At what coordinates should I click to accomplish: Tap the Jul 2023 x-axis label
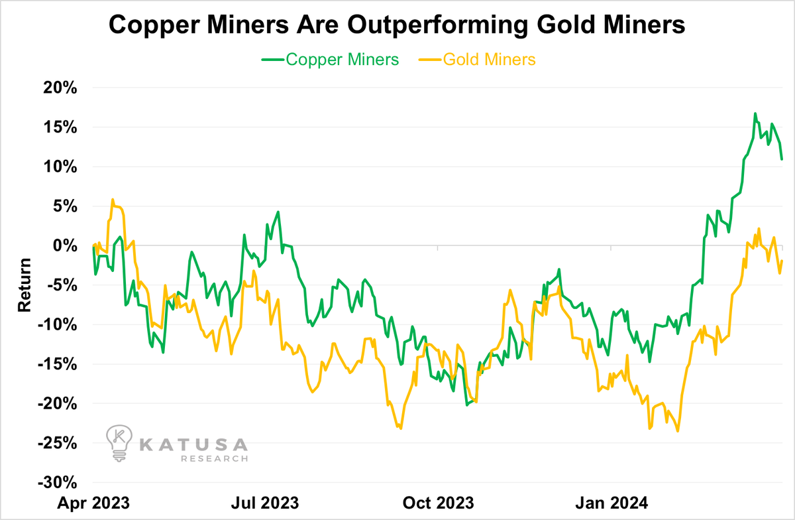coord(265,501)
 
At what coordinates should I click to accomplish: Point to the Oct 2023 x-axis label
coord(439,501)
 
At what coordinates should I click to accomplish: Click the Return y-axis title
coord(24,285)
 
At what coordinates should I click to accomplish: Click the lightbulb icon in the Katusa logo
coord(119,443)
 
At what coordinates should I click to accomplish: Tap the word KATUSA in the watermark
coord(193,443)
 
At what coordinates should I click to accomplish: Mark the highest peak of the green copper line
coord(755,113)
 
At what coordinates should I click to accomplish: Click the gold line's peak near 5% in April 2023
coord(113,199)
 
